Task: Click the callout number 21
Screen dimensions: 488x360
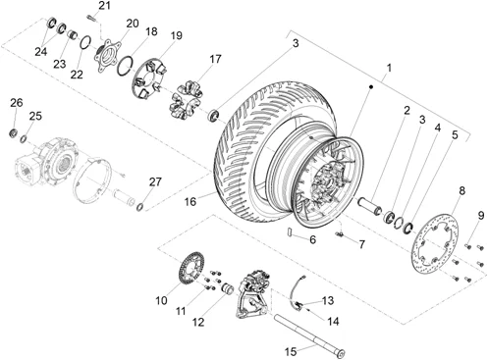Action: pos(105,6)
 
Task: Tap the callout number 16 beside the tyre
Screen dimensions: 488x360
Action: pos(190,202)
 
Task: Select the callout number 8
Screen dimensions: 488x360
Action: pos(461,190)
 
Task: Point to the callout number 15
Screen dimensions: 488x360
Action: pos(291,352)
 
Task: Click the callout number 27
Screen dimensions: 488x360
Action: pos(155,181)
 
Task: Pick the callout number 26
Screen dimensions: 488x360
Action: pos(17,103)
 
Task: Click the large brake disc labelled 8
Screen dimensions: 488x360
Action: pos(435,242)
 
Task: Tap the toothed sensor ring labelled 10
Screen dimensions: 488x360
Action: pos(191,268)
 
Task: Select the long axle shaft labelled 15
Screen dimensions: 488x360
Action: pos(309,335)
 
